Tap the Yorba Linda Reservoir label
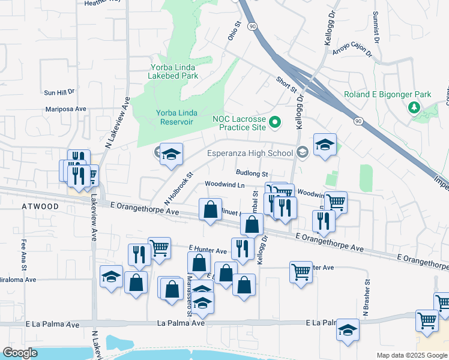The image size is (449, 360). click(173, 117)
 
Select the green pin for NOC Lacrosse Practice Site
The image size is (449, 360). click(276, 124)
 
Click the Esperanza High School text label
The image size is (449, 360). click(250, 153)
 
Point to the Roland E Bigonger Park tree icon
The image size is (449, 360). click(414, 107)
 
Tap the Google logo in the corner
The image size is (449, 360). click(20, 352)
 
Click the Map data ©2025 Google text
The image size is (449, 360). click(412, 355)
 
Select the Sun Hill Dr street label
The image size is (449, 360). click(58, 92)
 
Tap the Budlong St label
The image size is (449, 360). click(251, 173)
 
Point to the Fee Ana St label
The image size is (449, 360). click(25, 248)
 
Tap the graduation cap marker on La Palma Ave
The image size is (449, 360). click(348, 330)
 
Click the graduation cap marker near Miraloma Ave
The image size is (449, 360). click(112, 277)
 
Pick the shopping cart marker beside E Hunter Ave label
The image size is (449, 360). click(159, 246)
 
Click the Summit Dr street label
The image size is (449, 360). click(376, 27)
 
